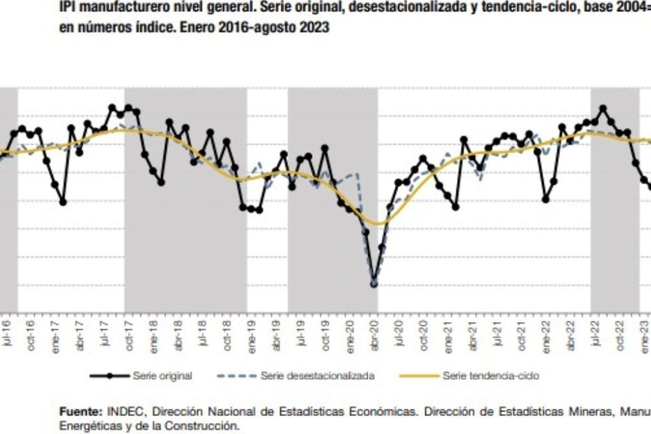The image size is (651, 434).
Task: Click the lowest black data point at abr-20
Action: [374, 284]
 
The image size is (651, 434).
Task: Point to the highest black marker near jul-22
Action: [603, 109]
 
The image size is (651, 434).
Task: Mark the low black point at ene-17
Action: [63, 202]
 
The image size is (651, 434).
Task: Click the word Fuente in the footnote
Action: [80, 412]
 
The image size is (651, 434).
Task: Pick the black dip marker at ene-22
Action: [546, 199]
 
